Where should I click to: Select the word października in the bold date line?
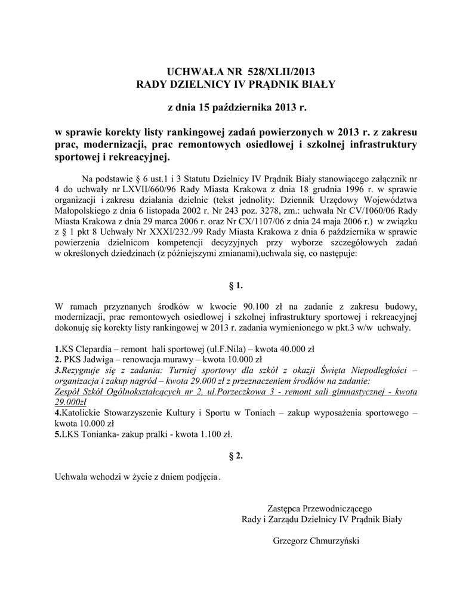tap(241, 108)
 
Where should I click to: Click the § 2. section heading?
tap(237, 456)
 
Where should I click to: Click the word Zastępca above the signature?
tap(286, 508)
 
